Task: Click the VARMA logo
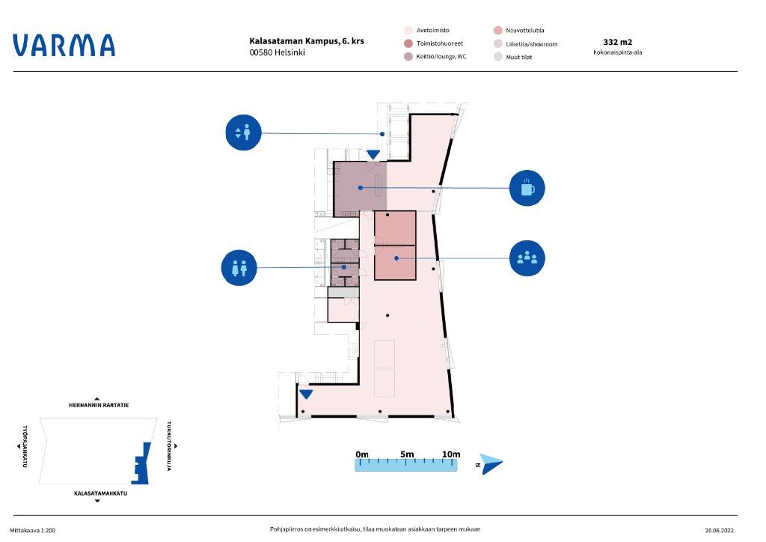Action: [x=64, y=45]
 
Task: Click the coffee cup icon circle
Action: [x=527, y=188]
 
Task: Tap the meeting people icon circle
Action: [x=527, y=258]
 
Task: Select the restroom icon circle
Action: [x=239, y=268]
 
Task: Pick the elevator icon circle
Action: [x=243, y=133]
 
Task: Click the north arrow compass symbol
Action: [x=491, y=464]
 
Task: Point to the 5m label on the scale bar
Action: [x=407, y=454]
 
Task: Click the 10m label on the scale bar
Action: [x=451, y=454]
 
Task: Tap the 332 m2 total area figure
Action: [x=617, y=42]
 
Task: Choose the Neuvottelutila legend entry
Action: [x=519, y=30]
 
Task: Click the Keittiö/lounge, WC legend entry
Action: [x=435, y=57]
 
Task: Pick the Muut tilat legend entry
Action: [x=513, y=57]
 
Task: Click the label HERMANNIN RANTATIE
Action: [x=99, y=405]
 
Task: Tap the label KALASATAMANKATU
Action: [x=101, y=493]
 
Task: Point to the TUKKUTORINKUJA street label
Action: [x=170, y=445]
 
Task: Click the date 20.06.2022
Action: [x=719, y=530]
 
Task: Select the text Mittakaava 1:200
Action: [x=33, y=530]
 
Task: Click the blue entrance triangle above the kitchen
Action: [x=373, y=154]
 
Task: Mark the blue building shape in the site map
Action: [x=141, y=463]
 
